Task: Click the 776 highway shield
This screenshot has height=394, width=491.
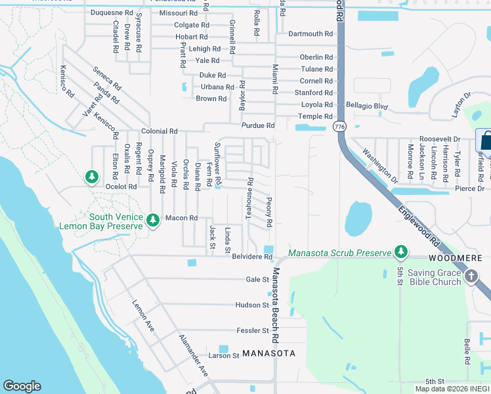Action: (339, 126)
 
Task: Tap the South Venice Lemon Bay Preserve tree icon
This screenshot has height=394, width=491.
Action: (153, 219)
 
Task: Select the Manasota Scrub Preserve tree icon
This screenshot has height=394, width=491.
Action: (400, 252)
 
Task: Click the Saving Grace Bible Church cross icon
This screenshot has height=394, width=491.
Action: (471, 277)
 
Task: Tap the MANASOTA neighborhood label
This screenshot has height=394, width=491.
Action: (268, 353)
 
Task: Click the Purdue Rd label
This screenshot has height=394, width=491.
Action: (258, 125)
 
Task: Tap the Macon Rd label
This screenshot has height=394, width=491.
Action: (181, 218)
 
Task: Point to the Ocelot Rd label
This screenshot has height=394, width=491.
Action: (121, 186)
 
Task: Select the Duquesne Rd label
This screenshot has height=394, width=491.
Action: (111, 12)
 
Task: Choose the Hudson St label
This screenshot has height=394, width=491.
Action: (252, 305)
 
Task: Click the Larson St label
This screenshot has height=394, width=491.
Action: (224, 355)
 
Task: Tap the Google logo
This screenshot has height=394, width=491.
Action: (22, 386)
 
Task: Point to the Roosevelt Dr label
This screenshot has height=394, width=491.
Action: (440, 139)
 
